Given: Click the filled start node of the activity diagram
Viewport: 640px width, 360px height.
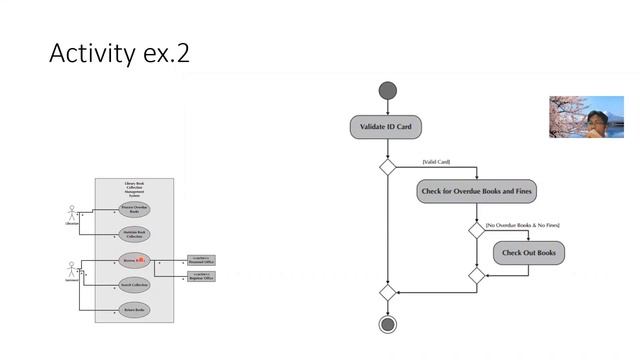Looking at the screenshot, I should coord(387,92).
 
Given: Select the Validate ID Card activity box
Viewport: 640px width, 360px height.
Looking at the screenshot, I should coord(385,127).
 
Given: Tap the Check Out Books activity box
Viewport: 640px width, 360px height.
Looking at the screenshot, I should coord(528,252).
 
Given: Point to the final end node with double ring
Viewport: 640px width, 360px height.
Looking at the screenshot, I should coord(386,324).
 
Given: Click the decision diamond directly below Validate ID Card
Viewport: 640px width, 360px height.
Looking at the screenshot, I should coord(387,166).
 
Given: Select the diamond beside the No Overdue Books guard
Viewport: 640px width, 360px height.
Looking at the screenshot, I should coord(477,229).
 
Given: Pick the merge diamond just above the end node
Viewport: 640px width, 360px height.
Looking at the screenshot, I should coord(387,292).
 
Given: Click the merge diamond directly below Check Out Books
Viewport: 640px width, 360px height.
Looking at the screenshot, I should coord(477,275).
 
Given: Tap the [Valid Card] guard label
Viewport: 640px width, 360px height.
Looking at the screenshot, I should coord(436,162).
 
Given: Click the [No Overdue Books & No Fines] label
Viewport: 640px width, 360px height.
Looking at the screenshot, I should coord(522,226).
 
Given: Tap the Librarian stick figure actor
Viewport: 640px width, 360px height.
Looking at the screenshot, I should coord(72,214).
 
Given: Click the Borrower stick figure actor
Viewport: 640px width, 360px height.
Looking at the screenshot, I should coord(72,270).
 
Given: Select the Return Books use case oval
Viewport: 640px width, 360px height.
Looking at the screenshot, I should coord(134,311).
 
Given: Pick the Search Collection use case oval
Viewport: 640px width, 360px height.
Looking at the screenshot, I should coord(134,285).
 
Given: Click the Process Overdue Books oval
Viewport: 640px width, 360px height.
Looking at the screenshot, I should coord(134,209).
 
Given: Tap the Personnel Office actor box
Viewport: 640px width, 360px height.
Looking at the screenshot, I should coord(200,260).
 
